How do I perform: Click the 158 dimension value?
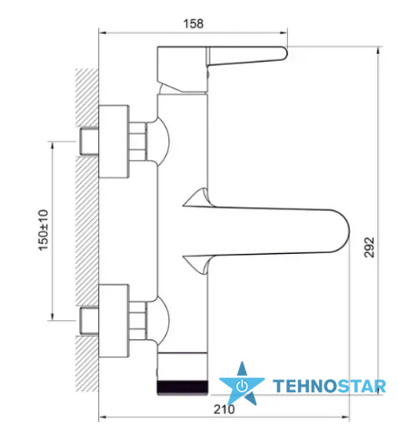click(194, 24)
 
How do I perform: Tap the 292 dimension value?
click(369, 247)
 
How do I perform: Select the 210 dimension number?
click(224, 409)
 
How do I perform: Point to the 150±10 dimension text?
click(44, 230)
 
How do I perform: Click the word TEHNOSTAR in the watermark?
click(330, 386)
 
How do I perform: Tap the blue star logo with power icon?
click(242, 384)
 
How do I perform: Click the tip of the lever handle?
click(286, 53)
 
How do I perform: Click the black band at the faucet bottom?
click(183, 388)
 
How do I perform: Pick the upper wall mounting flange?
click(114, 141)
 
